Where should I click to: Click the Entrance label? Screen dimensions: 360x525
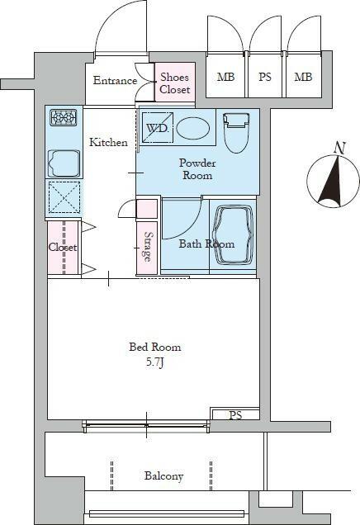tap(115, 81)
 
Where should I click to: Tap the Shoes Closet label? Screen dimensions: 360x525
tap(174, 83)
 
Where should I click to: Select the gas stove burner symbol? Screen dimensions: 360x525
tap(64, 118)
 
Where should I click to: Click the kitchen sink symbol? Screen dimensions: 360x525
tap(64, 163)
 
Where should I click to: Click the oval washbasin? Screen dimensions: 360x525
tap(193, 128)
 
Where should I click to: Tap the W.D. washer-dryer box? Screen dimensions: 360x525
tap(158, 128)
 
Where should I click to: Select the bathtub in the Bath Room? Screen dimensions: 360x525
tap(233, 236)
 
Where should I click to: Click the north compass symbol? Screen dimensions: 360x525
tap(334, 181)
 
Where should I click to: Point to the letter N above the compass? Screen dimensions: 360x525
tap(340, 149)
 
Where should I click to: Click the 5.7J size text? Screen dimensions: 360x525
tap(154, 362)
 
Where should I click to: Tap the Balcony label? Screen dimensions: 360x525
tap(163, 476)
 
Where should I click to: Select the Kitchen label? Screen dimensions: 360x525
tap(108, 142)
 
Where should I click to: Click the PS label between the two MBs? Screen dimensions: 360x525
tap(264, 77)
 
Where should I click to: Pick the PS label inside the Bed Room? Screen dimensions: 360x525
tap(235, 415)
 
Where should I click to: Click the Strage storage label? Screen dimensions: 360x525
tap(147, 247)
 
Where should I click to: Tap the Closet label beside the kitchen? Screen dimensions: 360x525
tap(63, 248)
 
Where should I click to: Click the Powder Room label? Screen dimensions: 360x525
tap(197, 169)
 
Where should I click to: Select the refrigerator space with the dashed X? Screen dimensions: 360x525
tap(64, 197)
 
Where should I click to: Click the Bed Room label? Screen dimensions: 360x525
tap(155, 347)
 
